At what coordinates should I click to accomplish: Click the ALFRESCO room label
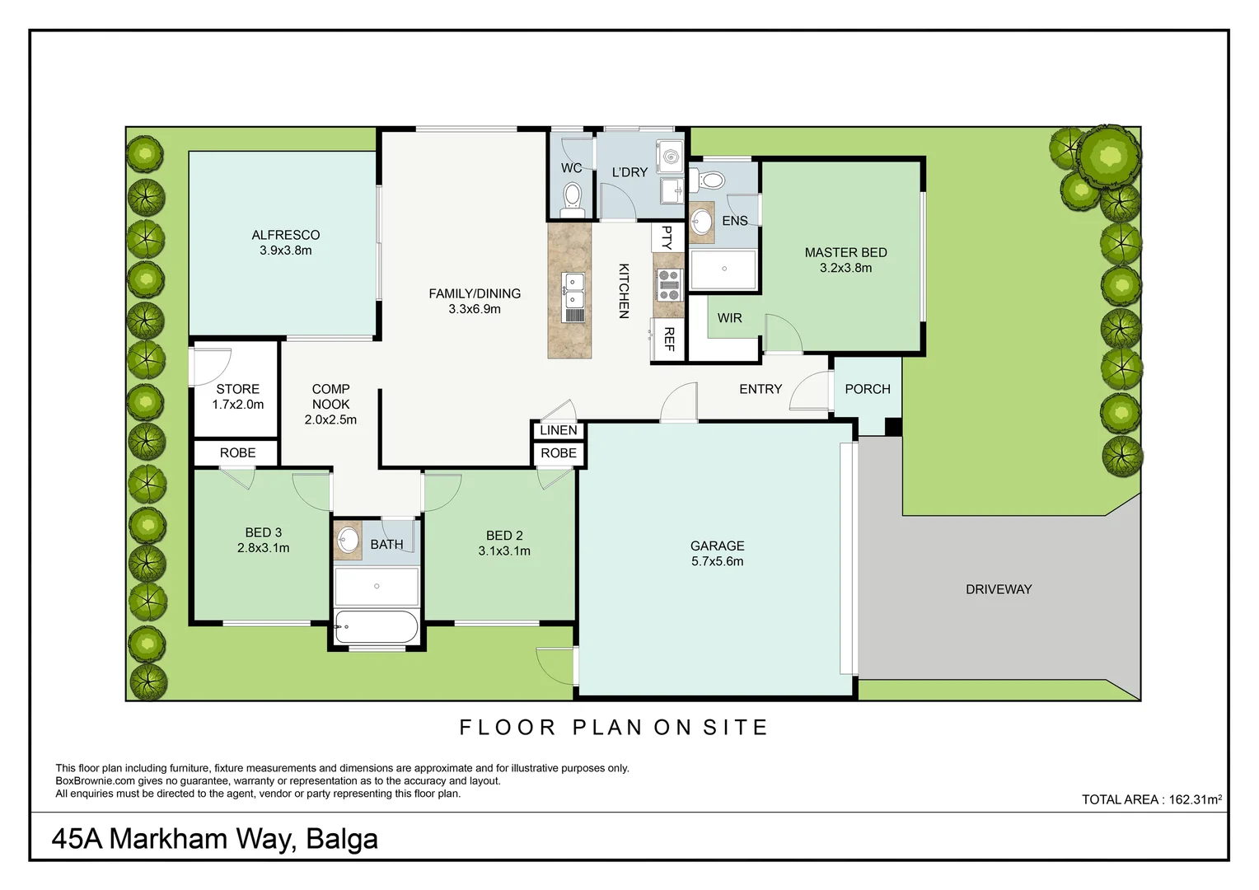(285, 235)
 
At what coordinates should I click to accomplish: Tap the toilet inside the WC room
(572, 197)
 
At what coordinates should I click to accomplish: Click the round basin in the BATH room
(349, 541)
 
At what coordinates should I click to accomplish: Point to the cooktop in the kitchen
(669, 284)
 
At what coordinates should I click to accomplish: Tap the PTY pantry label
(667, 237)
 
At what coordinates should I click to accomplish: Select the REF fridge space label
(668, 339)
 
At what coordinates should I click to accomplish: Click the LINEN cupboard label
(559, 430)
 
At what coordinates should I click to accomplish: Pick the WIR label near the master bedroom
(729, 318)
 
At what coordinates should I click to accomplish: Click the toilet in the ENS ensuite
(709, 180)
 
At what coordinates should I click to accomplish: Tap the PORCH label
(868, 389)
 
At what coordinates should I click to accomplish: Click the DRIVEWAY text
(999, 589)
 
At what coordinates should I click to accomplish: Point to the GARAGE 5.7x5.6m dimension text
(717, 561)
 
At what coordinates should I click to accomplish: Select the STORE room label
(238, 389)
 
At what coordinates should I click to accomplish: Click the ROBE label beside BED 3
(237, 453)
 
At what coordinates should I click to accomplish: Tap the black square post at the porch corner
(893, 427)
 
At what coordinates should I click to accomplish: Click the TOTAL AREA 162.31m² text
(1151, 799)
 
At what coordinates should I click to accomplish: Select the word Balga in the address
(341, 839)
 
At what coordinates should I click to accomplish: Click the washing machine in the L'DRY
(670, 155)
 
